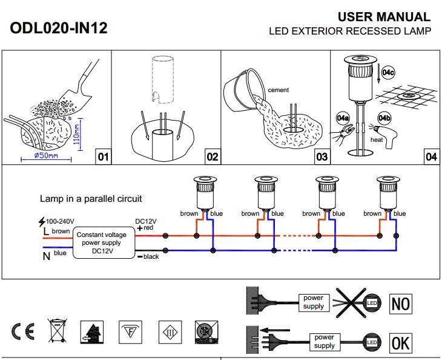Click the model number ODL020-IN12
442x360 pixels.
click(59, 28)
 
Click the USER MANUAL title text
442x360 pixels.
click(384, 17)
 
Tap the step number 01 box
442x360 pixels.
click(103, 157)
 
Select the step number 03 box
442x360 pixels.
click(322, 157)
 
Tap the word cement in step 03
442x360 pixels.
click(278, 90)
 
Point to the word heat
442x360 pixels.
click(377, 139)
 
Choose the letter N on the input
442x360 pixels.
click(46, 255)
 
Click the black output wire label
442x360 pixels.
click(151, 257)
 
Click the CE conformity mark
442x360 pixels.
click(23, 332)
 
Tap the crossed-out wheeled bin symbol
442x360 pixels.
click(58, 332)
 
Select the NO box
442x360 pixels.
click(401, 303)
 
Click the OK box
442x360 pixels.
click(400, 342)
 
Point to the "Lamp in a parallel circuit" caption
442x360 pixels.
click(91, 199)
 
